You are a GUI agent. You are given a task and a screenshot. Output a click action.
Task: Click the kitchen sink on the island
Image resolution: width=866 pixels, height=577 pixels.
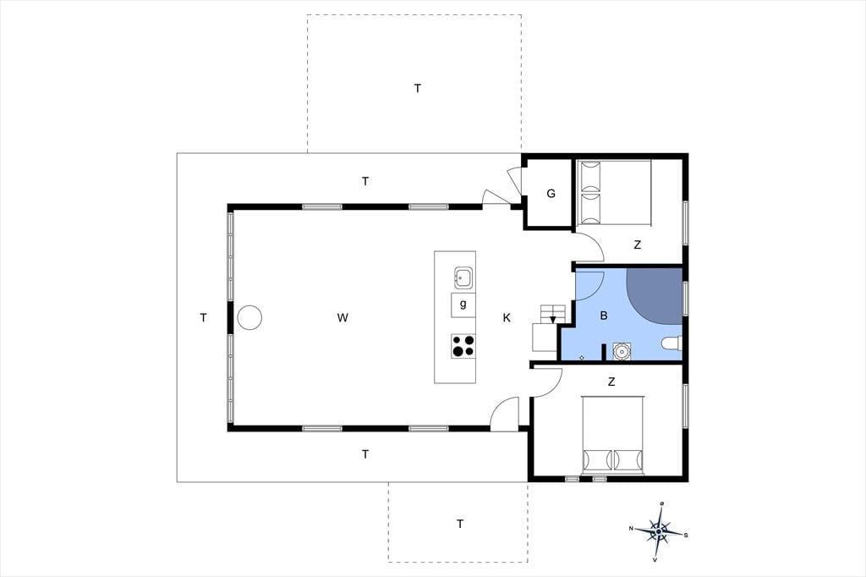(x=463, y=278)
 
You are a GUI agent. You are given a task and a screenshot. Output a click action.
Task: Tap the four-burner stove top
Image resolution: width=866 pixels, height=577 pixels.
(x=463, y=346)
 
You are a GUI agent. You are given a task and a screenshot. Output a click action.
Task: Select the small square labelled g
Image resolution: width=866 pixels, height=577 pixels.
(x=463, y=305)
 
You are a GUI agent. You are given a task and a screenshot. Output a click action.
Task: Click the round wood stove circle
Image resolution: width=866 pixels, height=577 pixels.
(x=249, y=318)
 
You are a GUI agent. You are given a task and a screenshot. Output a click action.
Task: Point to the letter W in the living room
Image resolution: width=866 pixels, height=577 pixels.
(x=343, y=318)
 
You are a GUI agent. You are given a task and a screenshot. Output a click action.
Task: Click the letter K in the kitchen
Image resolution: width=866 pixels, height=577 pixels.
(x=507, y=318)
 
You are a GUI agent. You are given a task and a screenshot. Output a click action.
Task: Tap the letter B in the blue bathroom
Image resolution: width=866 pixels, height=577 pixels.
(x=604, y=316)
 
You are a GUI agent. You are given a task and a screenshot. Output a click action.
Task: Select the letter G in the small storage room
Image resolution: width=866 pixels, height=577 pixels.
(x=551, y=194)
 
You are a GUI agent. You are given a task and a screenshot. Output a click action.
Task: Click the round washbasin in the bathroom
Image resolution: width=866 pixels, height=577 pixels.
(x=622, y=351)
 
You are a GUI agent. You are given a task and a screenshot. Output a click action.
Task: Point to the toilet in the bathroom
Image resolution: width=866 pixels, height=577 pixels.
(x=671, y=343)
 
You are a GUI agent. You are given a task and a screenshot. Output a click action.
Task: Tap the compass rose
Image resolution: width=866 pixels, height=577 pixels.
(x=659, y=531)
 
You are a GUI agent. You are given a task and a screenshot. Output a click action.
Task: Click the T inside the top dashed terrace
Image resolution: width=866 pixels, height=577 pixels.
(x=418, y=88)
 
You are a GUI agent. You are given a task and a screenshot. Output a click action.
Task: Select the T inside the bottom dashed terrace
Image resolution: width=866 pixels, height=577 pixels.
(x=460, y=524)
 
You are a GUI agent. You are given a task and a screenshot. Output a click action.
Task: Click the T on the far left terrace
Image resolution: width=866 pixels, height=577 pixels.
(x=203, y=318)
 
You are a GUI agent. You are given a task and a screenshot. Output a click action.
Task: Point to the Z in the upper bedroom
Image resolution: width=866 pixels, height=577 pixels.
(x=638, y=245)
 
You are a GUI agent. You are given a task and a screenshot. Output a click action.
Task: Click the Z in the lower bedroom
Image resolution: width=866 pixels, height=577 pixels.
(x=611, y=382)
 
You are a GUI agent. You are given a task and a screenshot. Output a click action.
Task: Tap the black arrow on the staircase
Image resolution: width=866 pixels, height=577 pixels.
(x=553, y=320)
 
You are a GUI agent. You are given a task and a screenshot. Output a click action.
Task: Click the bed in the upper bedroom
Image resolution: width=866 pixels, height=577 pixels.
(x=614, y=192)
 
